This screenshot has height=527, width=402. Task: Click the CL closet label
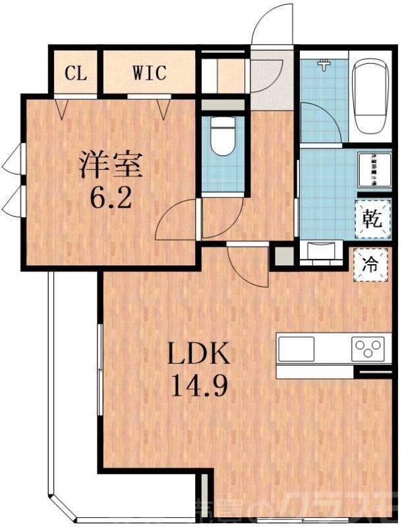(x=75, y=72)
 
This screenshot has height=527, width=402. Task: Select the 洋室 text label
(x=111, y=165)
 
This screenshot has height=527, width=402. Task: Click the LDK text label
(x=198, y=356)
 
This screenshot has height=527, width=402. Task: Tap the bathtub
(x=372, y=96)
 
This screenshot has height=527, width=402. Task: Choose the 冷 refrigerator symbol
(x=371, y=265)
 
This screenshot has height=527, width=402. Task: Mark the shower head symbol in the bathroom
(x=324, y=65)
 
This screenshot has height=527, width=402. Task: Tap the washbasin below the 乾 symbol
(x=321, y=251)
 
